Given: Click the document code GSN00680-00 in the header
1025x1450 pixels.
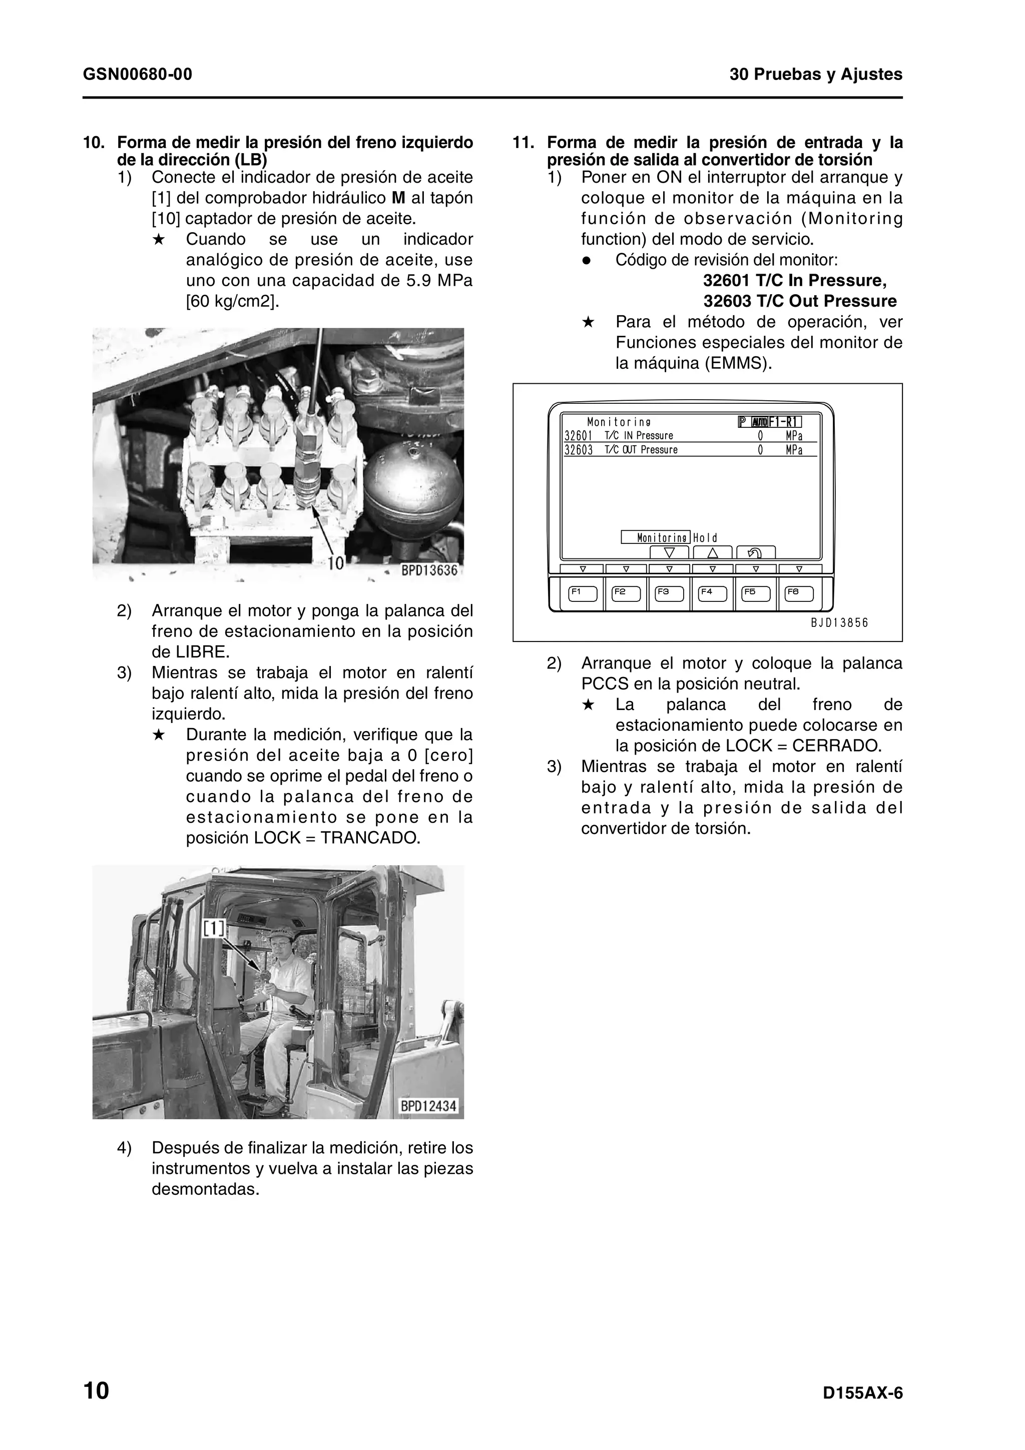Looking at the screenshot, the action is coord(137,75).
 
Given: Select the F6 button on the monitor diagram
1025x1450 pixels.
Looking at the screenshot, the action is coord(799,593).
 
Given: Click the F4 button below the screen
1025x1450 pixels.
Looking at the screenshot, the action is coord(712,593).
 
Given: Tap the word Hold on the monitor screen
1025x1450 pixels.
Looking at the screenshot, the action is coord(705,538).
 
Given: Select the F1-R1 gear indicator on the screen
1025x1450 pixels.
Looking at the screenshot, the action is coord(784,422).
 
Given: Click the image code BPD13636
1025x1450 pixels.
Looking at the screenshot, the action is coord(429,570).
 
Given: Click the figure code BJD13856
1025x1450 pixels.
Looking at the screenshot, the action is coord(839,623).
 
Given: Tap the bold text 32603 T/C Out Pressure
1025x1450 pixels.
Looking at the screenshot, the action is coord(800,301).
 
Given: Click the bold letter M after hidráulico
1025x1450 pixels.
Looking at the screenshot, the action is coord(398,198).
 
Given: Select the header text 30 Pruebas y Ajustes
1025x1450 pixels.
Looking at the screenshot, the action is coord(815,75).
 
